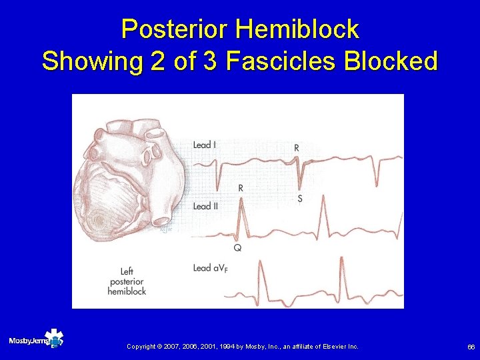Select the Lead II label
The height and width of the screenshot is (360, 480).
[x=205, y=207]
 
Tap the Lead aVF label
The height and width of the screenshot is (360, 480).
[x=209, y=269]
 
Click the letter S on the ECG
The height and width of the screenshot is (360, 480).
[x=299, y=199]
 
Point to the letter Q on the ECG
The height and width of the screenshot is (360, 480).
[x=237, y=248]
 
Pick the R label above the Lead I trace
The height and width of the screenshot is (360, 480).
[x=296, y=147]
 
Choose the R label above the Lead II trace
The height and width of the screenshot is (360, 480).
[x=240, y=189]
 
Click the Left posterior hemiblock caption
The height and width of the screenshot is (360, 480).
[x=127, y=281]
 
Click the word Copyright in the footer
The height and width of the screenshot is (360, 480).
[x=141, y=347]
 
